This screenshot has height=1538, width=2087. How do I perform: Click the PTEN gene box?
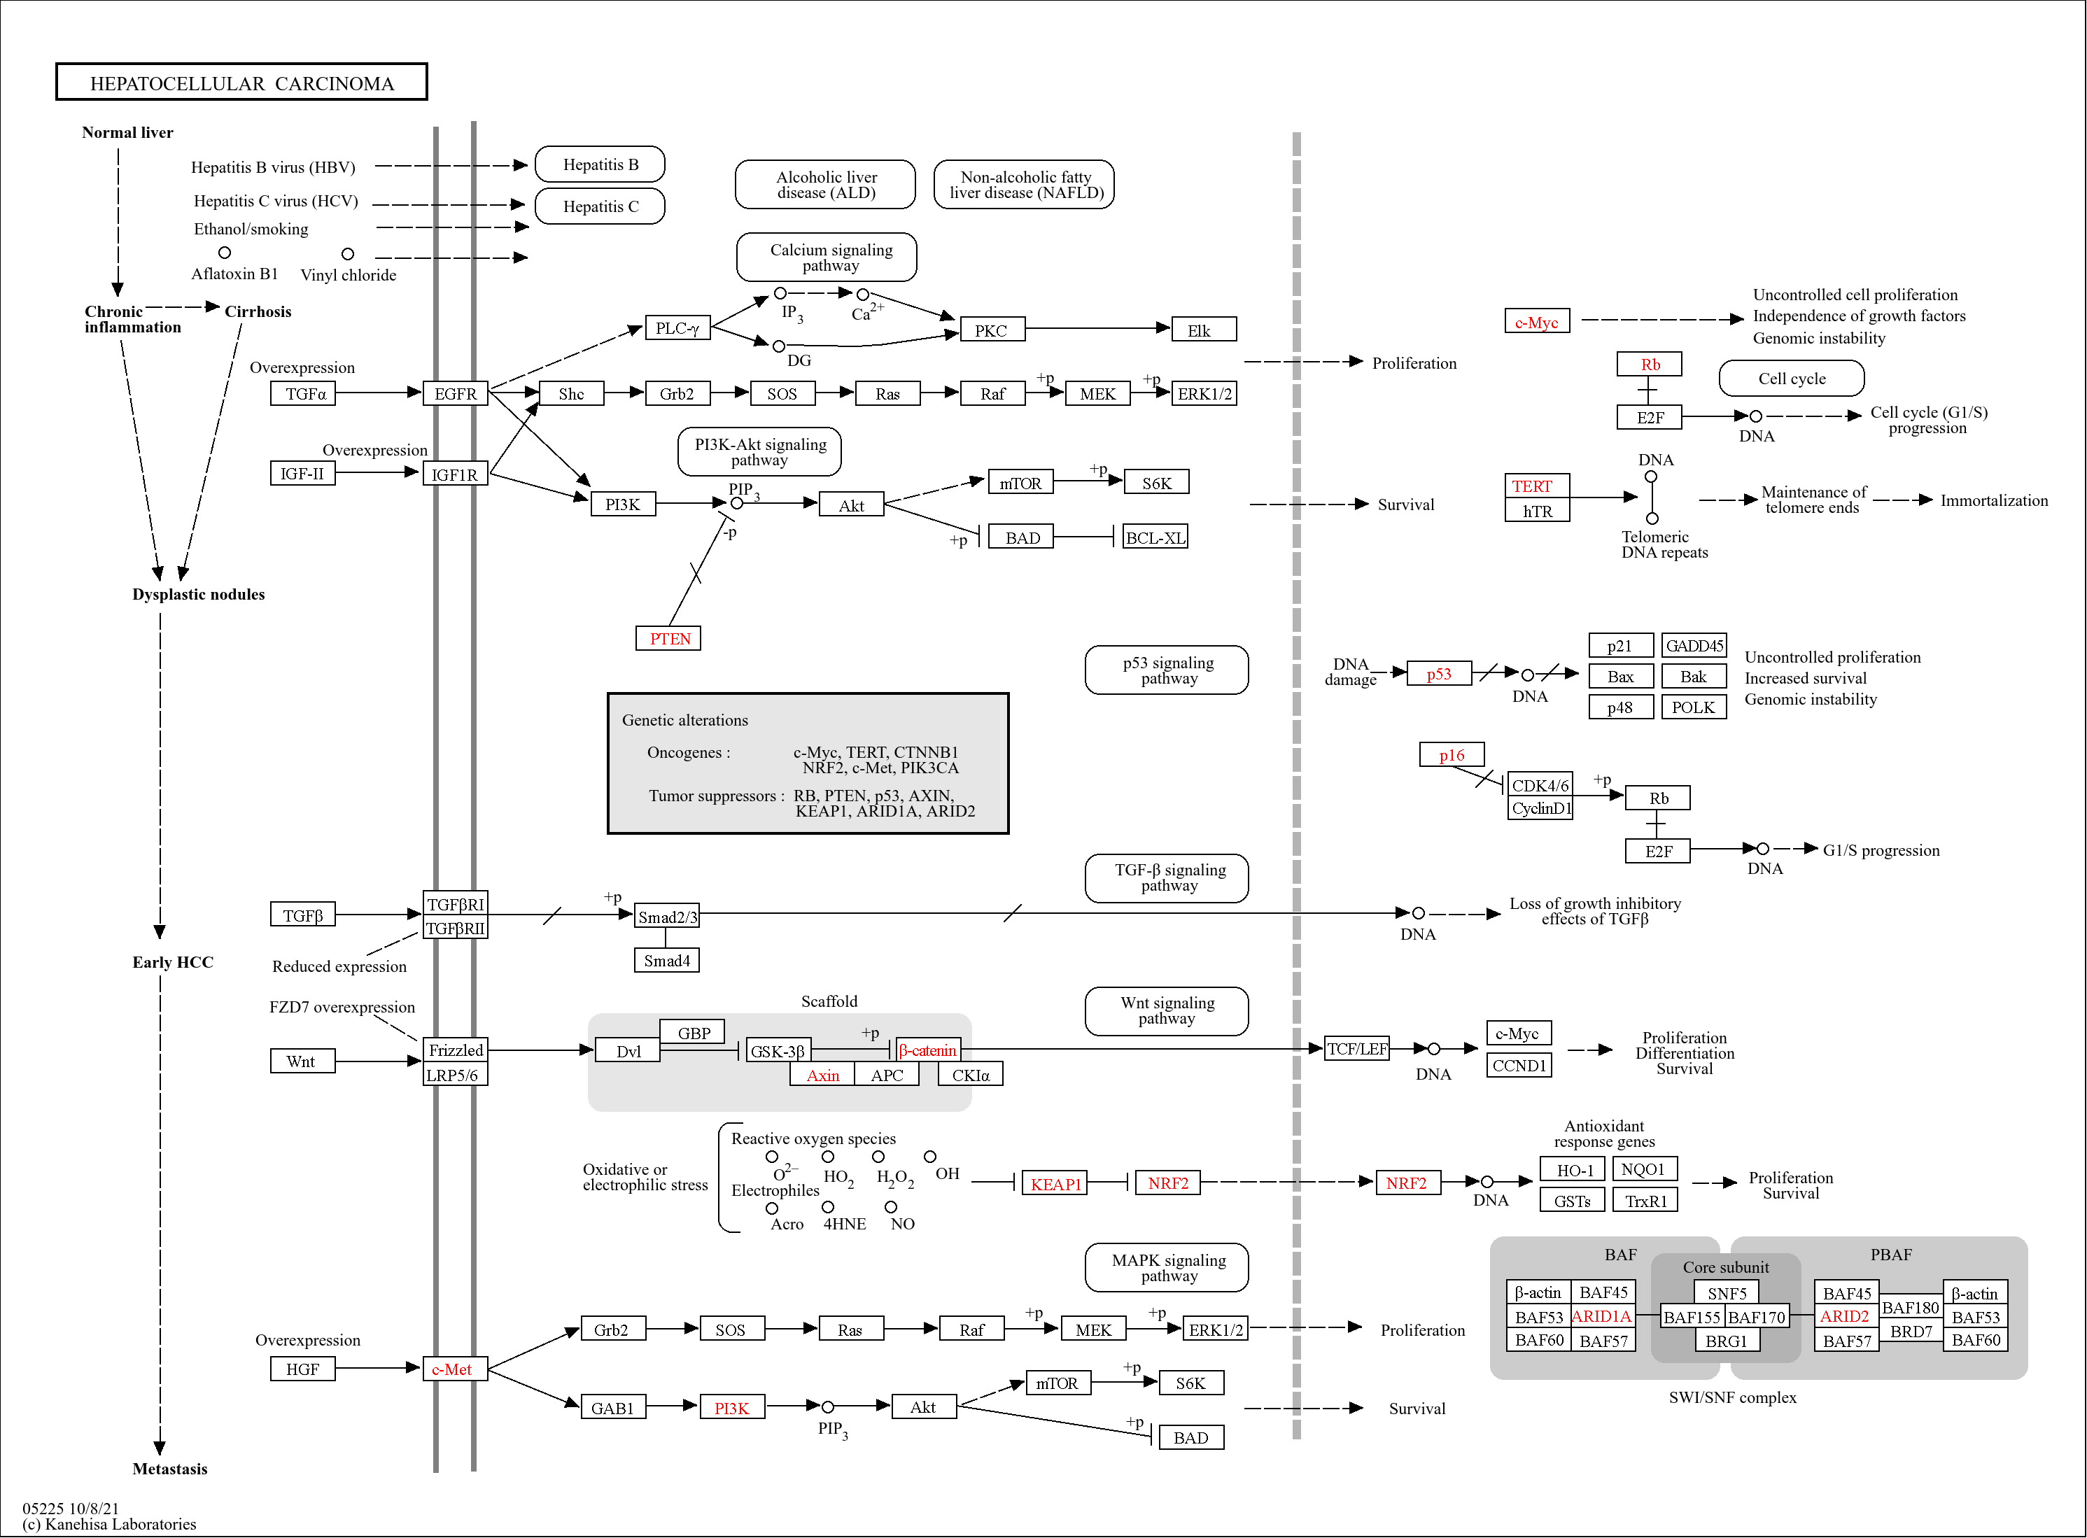tap(668, 639)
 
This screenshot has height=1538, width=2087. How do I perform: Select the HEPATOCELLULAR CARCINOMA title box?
tap(241, 83)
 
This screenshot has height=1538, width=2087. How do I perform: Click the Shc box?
tap(571, 394)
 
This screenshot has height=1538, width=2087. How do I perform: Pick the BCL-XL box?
tap(1155, 537)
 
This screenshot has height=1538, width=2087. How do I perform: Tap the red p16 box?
tap(1451, 755)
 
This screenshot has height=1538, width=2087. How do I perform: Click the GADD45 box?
tap(1693, 645)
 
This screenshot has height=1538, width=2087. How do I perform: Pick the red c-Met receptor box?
tap(454, 1369)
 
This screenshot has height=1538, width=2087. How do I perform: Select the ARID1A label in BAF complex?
tap(1601, 1316)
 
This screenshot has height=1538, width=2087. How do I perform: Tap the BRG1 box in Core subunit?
tap(1726, 1341)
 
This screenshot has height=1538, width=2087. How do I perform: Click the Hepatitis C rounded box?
tap(600, 206)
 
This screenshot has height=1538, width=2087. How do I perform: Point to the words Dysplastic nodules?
tap(198, 594)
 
